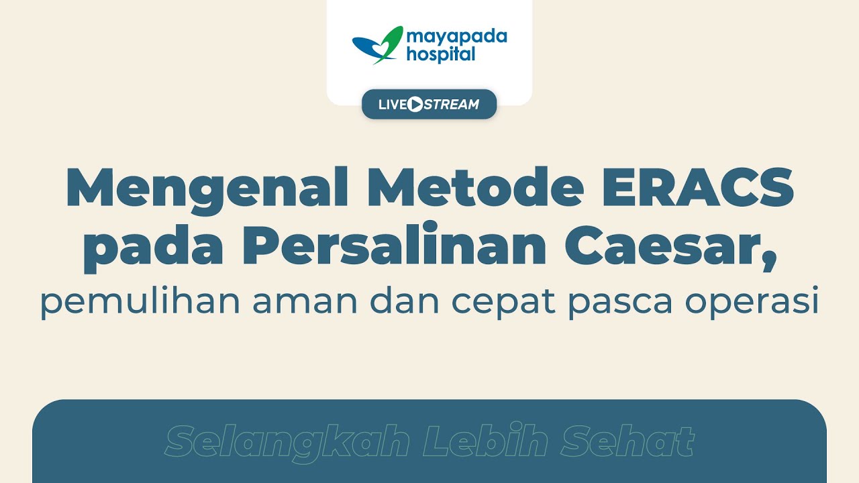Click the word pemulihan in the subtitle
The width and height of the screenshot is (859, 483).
pos(140,302)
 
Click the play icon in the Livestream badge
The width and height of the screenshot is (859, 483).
pos(415,105)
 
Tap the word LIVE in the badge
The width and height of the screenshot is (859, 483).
pos(392,105)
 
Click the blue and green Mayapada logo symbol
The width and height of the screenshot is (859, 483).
pos(377,45)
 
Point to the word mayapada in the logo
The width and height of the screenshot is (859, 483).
pos(456,36)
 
